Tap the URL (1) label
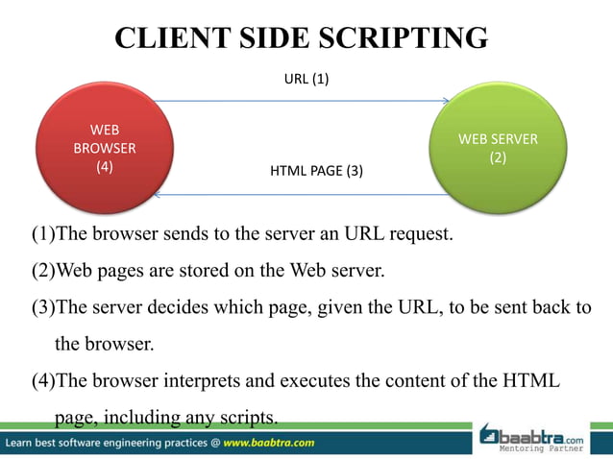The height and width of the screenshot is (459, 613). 306,80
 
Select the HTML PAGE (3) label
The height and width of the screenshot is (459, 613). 317,172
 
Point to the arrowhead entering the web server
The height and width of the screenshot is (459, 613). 446,100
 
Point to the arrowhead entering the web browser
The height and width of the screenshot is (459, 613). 158,195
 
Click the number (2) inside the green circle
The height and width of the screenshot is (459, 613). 498,157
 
